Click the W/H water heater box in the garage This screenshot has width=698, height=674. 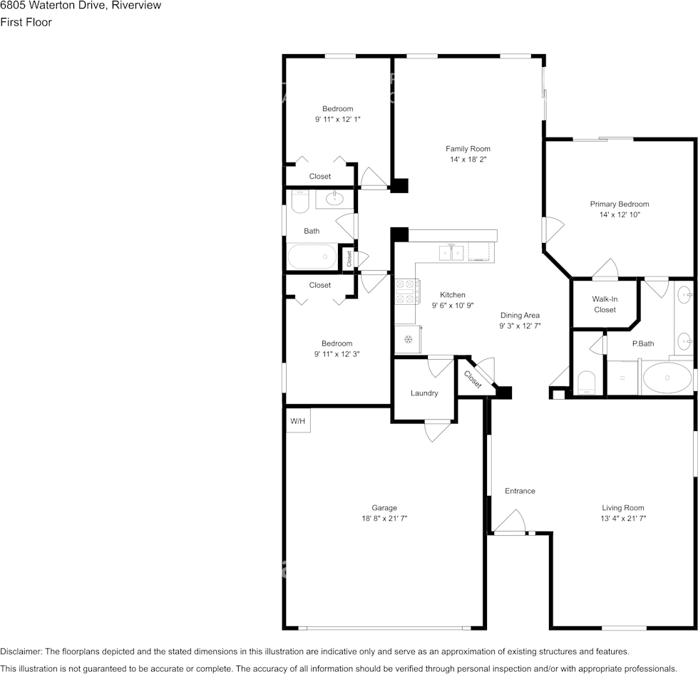point(298,420)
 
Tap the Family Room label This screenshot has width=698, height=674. point(468,149)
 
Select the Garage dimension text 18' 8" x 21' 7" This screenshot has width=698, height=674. point(384,518)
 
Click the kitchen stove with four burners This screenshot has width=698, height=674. point(407,292)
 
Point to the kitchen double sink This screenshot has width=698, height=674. point(452,253)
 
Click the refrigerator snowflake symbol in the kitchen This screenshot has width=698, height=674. point(408,340)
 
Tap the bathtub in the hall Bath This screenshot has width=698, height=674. point(312,256)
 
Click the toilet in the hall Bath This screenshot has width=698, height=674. point(300,202)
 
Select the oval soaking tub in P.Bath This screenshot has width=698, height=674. point(667,378)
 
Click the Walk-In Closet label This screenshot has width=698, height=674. point(605,304)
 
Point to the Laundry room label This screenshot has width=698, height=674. point(424,393)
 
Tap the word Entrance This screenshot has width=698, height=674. point(520,491)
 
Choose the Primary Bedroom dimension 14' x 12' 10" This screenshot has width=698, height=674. point(620,214)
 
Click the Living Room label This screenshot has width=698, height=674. point(622,507)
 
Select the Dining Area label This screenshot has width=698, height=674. point(520,315)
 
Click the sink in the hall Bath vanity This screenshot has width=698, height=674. point(334,198)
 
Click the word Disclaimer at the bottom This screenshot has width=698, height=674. point(21,651)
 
